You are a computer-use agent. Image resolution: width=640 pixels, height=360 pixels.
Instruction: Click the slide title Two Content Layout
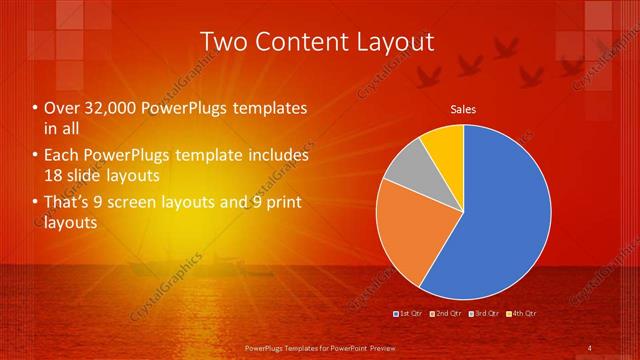click(317, 41)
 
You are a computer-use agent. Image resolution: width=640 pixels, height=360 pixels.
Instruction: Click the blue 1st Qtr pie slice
click(500, 220)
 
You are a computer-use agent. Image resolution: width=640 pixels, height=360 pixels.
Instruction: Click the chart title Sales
click(463, 109)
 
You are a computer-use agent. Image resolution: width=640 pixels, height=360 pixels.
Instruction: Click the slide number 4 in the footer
click(590, 347)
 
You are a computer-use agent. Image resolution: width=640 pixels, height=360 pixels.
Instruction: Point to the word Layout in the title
click(392, 41)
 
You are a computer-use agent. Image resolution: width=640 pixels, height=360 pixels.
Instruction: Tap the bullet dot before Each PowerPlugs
click(36, 156)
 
